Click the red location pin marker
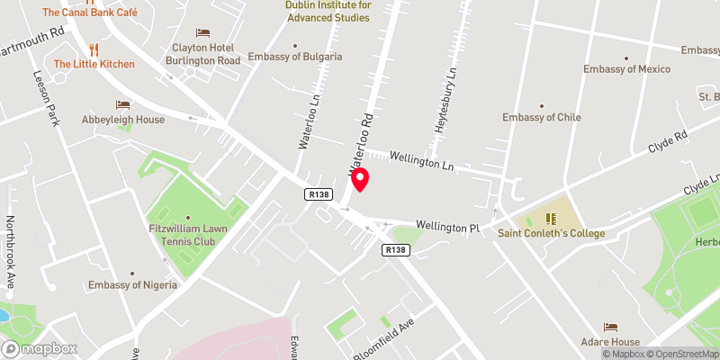click(360, 180)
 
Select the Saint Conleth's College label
click(552, 233)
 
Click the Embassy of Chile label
click(541, 117)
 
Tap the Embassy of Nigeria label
click(133, 285)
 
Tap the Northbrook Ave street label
click(11, 252)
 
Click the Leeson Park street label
click(45, 99)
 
